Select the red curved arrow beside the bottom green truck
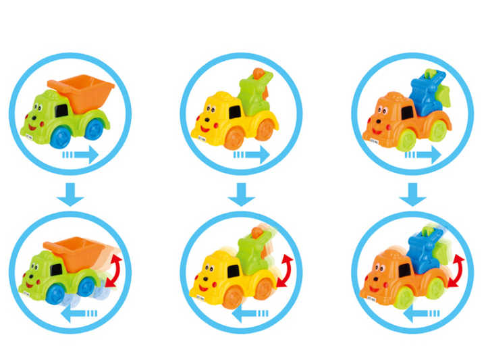click(117, 270)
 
